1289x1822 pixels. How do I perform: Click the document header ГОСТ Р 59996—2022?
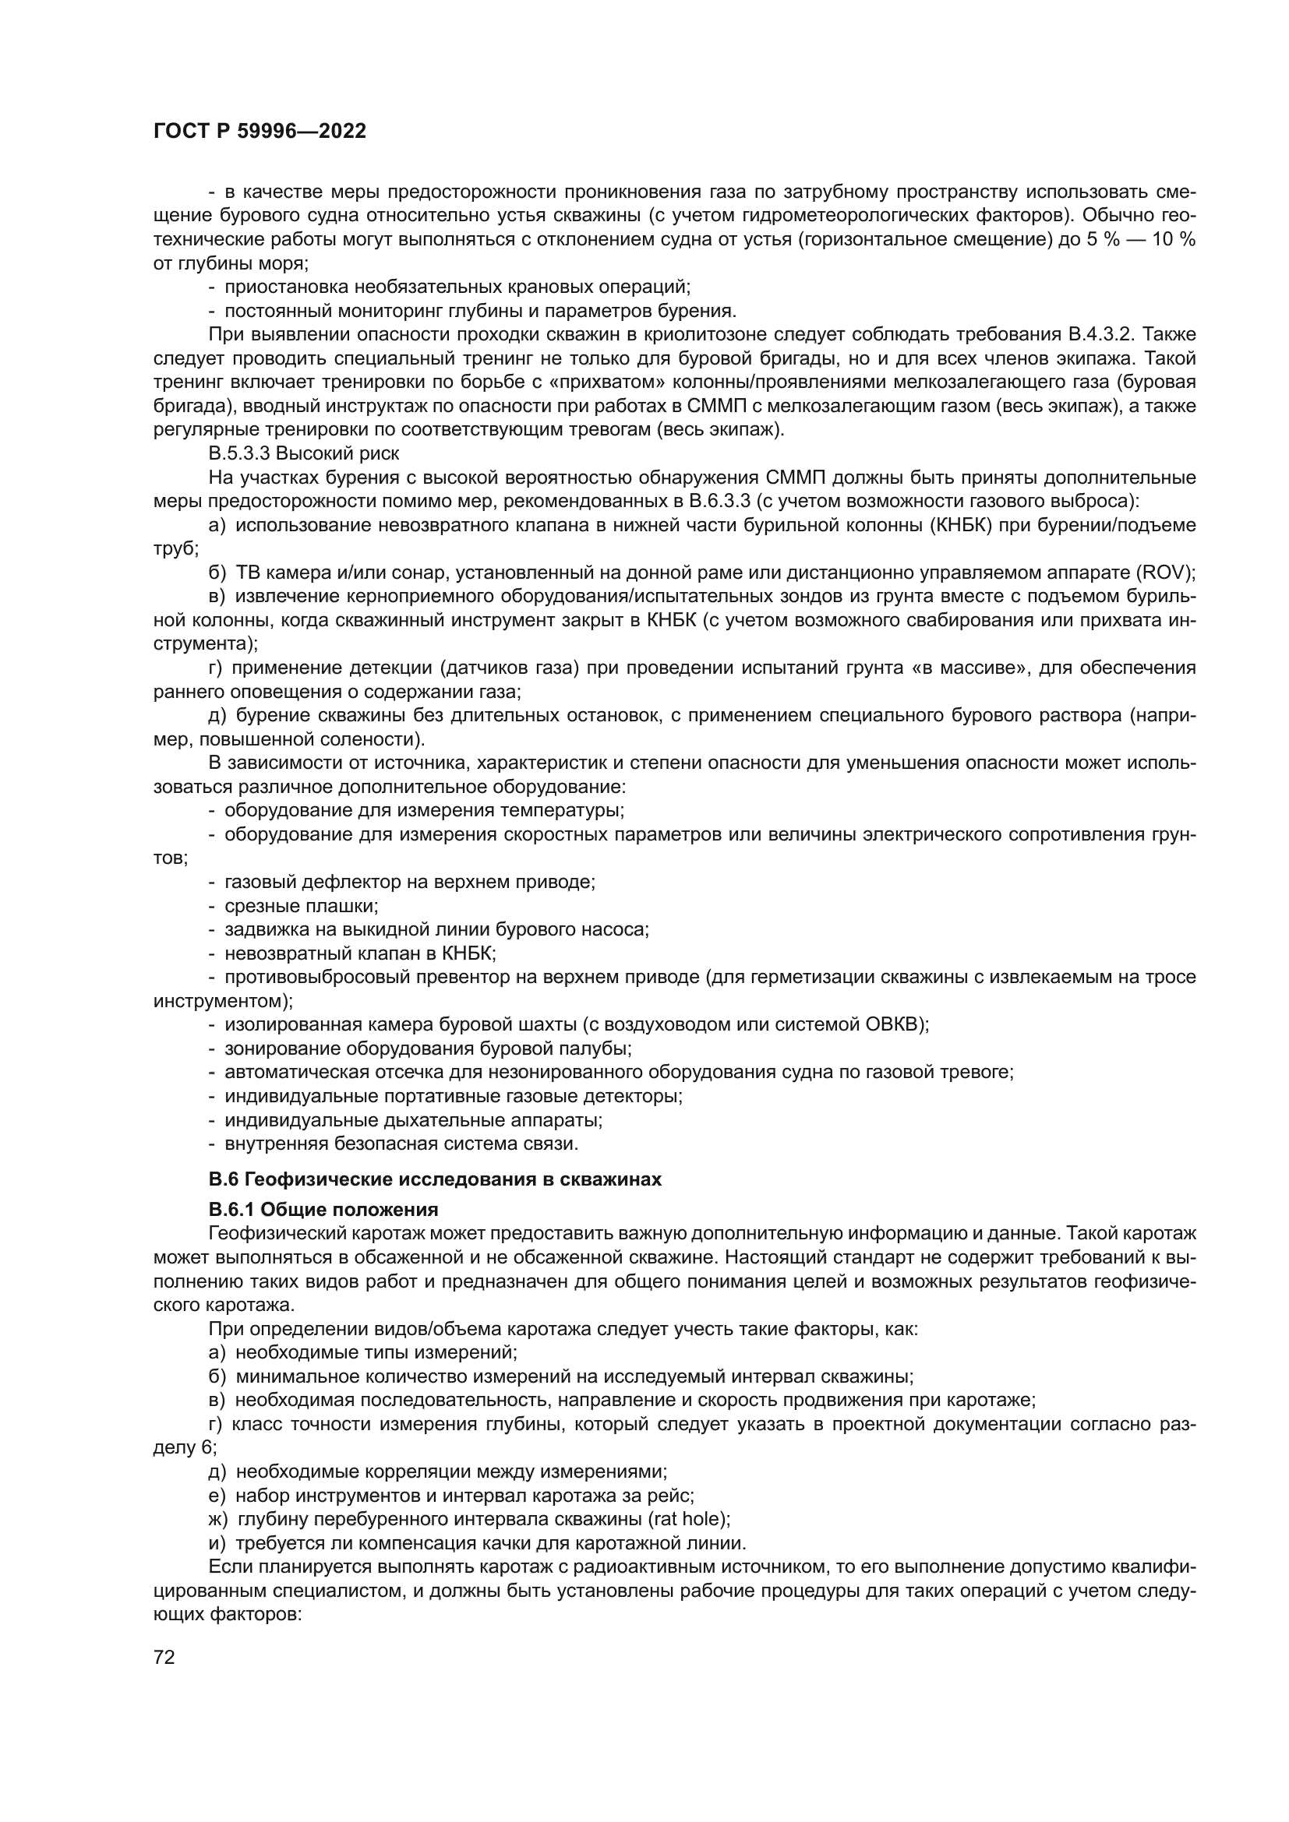pos(260,132)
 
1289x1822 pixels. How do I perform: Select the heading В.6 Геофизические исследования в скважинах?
pos(434,1179)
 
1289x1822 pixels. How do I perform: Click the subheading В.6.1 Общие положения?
pos(323,1210)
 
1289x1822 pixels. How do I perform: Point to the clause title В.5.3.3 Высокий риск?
pos(303,453)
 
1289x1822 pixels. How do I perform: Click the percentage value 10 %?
pos(1173,239)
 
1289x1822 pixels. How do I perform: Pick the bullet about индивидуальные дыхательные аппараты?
pos(413,1119)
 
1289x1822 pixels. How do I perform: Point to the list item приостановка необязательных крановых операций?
pos(457,287)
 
